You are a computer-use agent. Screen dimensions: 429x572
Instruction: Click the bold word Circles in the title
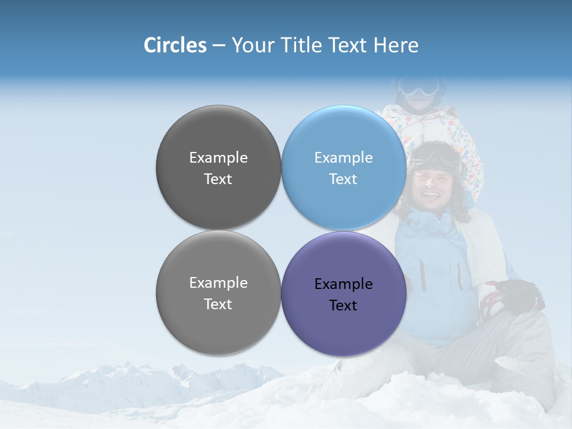coord(175,45)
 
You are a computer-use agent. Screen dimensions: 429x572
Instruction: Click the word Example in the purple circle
coord(343,284)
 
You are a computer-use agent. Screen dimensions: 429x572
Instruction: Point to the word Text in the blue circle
coord(343,179)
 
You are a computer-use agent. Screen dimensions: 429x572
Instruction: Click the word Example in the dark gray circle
coord(218,158)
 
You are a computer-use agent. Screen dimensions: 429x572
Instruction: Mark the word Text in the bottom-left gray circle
coord(218,304)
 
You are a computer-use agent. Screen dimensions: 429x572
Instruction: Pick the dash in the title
coord(219,46)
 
